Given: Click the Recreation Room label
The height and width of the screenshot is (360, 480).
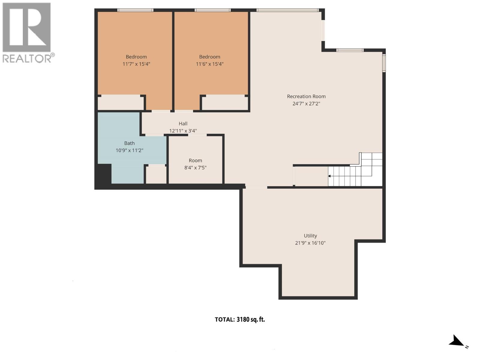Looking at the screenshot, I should tap(306, 96).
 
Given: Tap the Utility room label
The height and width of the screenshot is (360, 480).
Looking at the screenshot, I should tap(310, 236).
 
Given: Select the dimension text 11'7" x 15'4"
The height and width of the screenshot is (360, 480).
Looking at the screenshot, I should tap(136, 64).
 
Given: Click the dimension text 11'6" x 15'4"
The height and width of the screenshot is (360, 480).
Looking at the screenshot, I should tap(210, 64).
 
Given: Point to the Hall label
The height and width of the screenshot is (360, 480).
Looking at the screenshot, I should tap(183, 124).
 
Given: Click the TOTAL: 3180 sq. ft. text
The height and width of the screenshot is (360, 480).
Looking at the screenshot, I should tap(240, 319).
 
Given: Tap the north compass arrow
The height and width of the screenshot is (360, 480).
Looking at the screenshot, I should tap(457, 341).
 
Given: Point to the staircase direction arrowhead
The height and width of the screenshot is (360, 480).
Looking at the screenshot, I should tap(329, 176).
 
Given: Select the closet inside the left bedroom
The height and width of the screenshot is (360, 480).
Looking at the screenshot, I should tap(121, 103).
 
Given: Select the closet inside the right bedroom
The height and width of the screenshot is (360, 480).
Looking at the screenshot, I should tap(225, 103).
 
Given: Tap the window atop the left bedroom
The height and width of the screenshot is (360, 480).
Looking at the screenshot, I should tap(135, 10).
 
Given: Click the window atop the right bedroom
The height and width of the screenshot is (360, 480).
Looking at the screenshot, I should tap(212, 10).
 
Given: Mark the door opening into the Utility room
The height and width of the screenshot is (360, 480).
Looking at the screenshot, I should tap(256, 187).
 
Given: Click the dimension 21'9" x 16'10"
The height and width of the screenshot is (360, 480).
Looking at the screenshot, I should tap(310, 243).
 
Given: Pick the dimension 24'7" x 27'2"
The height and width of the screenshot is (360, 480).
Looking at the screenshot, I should tap(306, 104).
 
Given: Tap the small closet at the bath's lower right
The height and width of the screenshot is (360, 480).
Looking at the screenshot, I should tap(156, 175).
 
